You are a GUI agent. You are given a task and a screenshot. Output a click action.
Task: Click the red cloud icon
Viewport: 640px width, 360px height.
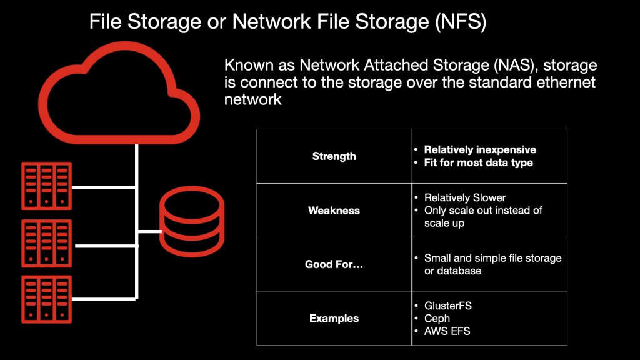[119, 94]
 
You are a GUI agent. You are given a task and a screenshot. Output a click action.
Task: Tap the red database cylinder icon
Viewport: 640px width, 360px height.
[191, 224]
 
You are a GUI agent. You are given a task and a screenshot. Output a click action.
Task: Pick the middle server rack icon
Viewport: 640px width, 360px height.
[46, 243]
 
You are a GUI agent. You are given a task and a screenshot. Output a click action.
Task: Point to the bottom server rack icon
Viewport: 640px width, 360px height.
[46, 299]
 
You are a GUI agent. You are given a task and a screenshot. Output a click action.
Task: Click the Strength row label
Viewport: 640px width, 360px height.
[334, 156]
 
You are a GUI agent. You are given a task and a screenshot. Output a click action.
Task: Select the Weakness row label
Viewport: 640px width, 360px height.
[334, 211]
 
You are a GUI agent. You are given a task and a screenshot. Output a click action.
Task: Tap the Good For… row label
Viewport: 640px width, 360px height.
[334, 264]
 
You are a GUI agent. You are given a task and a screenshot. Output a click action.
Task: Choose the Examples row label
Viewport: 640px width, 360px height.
[334, 319]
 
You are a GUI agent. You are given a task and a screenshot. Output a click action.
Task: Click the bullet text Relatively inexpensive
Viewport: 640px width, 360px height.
[480, 150]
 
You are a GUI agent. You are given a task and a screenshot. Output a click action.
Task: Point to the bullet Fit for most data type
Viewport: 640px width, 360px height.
[478, 163]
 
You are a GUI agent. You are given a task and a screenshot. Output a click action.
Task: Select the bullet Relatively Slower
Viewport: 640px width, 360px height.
[464, 197]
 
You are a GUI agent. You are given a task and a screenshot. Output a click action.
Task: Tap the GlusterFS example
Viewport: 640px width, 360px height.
[449, 306]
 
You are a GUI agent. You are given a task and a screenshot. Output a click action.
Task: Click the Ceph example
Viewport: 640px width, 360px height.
[437, 319]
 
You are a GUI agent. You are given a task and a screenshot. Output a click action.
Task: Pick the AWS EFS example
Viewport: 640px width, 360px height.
[447, 331]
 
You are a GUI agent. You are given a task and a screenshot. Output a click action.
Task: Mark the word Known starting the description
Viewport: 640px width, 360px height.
[245, 66]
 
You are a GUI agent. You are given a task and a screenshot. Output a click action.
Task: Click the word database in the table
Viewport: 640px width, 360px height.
[459, 271]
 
